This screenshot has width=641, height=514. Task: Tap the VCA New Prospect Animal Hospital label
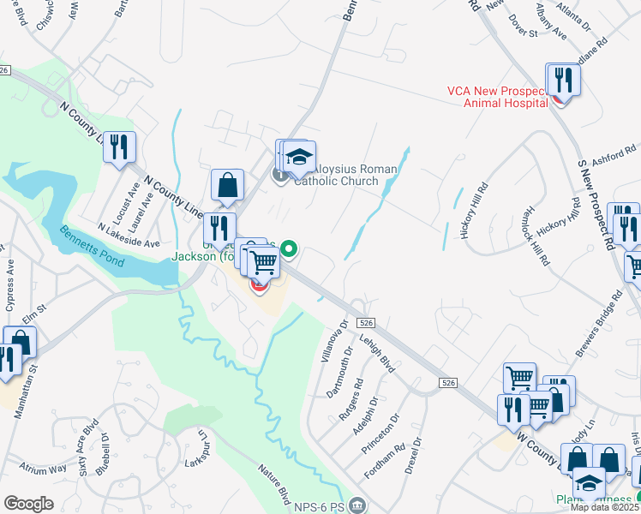pos(497,97)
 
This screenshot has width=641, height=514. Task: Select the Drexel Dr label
pos(416,454)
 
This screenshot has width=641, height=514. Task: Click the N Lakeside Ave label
pos(129,236)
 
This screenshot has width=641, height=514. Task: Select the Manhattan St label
pos(25,391)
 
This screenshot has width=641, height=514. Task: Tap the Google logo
pos(27,503)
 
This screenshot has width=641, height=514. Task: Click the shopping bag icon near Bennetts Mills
pos(227,186)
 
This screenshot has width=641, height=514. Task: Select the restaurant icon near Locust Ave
pos(119,146)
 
